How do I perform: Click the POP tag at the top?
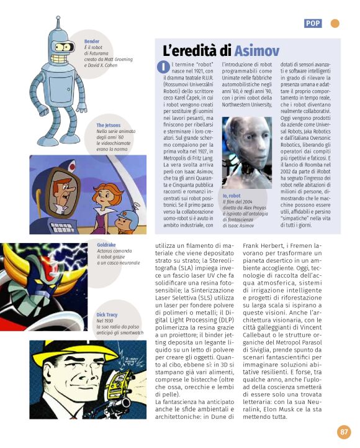[313, 24]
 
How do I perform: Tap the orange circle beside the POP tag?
[335, 24]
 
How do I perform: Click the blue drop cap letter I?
[163, 67]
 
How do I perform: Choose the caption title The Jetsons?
[108, 126]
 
